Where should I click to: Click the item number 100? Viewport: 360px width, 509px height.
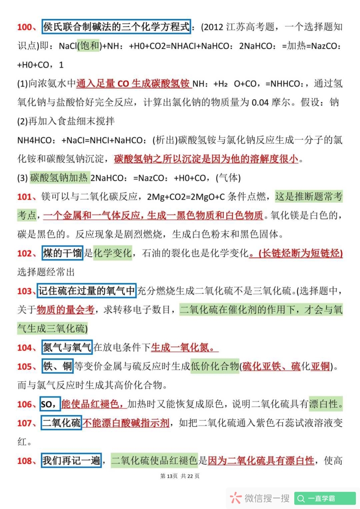(27, 27)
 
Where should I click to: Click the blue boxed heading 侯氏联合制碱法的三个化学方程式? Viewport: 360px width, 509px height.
(117, 27)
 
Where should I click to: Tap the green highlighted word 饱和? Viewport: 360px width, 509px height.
(88, 46)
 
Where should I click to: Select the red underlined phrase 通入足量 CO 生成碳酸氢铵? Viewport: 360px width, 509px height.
(134, 84)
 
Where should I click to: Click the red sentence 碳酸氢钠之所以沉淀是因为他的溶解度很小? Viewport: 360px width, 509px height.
(206, 159)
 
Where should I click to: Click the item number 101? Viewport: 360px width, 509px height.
(27, 196)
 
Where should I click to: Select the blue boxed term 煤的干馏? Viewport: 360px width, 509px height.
(63, 253)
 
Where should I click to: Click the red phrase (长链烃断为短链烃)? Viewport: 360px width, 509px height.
(296, 253)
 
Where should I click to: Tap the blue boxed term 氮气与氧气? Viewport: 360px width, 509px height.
(67, 348)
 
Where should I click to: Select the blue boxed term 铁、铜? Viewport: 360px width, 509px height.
(58, 366)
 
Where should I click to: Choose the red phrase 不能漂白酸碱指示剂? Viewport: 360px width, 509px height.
(126, 423)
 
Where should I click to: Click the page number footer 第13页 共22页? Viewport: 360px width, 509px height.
(180, 476)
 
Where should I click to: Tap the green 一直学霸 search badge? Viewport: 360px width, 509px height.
(325, 498)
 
